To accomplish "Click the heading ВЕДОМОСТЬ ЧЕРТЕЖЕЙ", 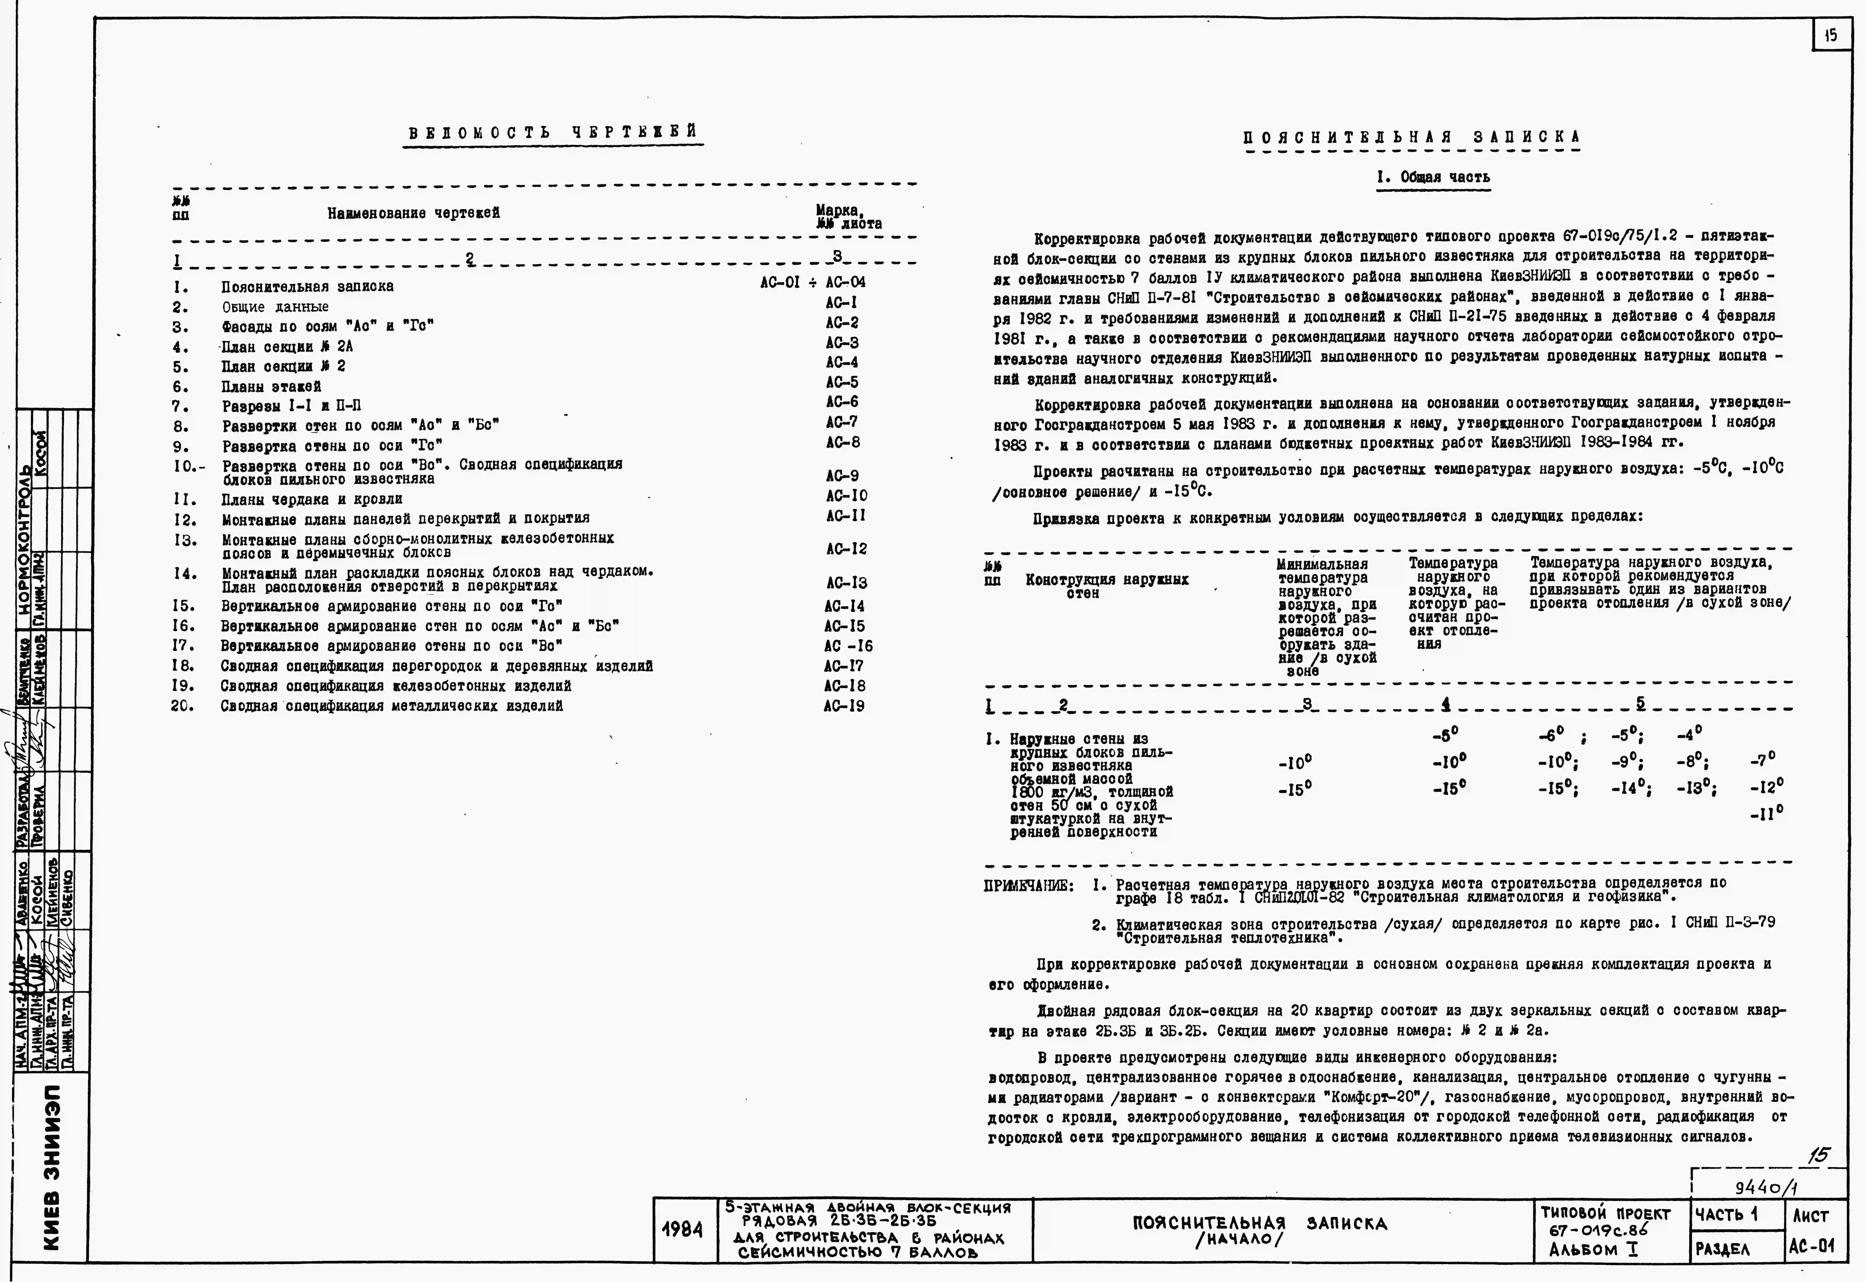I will (x=553, y=132).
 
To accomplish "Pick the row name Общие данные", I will (x=276, y=307).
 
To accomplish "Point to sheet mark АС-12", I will (x=846, y=549).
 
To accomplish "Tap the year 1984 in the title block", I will (x=683, y=1230).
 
